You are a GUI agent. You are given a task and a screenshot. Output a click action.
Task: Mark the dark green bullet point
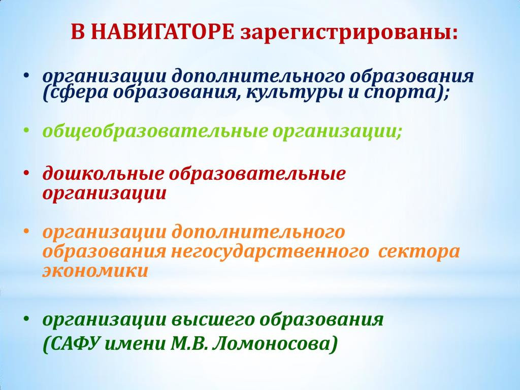click(26, 319)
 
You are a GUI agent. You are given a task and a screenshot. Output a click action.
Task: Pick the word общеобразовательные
click(155, 132)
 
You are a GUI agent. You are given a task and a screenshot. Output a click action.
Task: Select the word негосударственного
click(270, 252)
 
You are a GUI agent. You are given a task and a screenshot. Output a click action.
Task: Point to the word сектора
click(419, 252)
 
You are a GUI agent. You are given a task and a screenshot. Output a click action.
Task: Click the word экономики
click(95, 270)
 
